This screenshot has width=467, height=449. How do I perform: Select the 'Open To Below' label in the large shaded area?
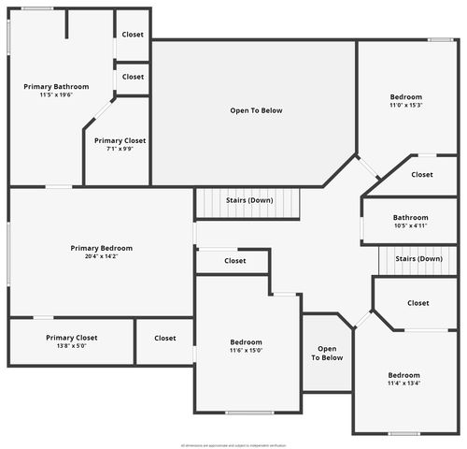tap(256, 110)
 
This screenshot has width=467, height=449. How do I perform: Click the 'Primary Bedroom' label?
tap(102, 248)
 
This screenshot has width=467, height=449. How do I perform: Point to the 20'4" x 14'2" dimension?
tap(102, 256)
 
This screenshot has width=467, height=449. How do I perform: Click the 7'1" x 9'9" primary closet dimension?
tap(120, 149)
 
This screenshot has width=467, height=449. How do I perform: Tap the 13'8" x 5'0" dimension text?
tap(72, 346)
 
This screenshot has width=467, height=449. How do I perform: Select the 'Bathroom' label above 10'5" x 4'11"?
tap(410, 217)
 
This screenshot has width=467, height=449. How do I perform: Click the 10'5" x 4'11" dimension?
tap(410, 225)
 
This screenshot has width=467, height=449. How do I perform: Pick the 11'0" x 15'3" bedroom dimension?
tap(405, 105)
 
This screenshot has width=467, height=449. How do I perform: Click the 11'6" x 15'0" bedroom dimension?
tap(246, 351)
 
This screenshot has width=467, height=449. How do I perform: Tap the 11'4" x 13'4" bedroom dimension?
tap(404, 383)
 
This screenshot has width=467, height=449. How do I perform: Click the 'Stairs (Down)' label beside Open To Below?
tap(249, 200)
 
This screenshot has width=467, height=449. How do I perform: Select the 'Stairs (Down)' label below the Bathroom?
tap(418, 258)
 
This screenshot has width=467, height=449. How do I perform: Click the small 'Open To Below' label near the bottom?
tap(327, 353)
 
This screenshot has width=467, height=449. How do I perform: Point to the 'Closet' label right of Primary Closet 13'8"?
tap(165, 338)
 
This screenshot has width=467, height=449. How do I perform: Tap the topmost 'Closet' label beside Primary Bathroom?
tap(133, 35)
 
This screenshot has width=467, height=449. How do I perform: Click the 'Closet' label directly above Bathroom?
tap(422, 174)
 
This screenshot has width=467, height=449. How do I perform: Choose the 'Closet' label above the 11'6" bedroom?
tap(235, 261)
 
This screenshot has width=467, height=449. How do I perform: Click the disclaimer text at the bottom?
tap(233, 444)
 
